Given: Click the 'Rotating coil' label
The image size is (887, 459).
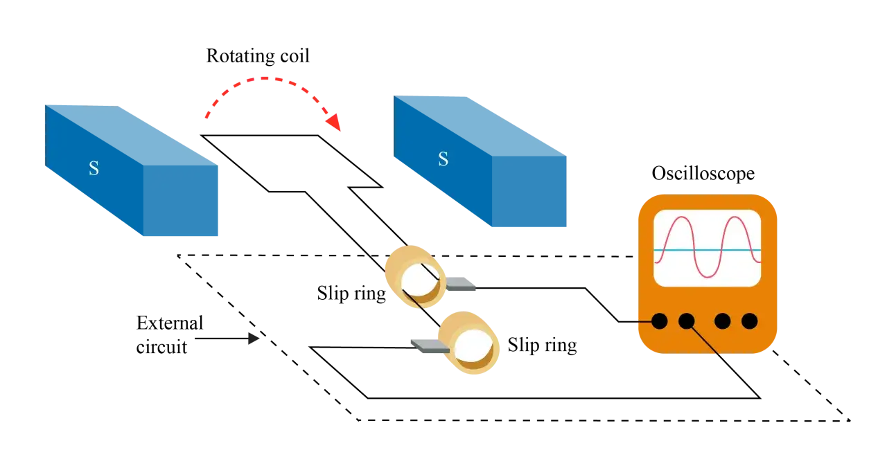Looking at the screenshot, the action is pyautogui.click(x=258, y=56).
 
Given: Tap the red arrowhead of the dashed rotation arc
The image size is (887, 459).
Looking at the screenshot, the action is pyautogui.click(x=334, y=122).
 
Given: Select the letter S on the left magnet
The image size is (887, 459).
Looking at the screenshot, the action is pyautogui.click(x=94, y=168).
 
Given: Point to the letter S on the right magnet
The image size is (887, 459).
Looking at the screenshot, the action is pyautogui.click(x=443, y=159).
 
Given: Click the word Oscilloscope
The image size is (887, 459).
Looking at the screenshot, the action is pyautogui.click(x=703, y=174).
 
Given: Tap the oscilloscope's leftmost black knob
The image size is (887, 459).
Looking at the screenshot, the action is pyautogui.click(x=659, y=321).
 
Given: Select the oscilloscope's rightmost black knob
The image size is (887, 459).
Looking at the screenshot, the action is pyautogui.click(x=750, y=321).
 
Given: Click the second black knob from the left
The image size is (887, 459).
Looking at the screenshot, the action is pyautogui.click(x=687, y=321).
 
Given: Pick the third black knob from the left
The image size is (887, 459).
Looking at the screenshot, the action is pyautogui.click(x=723, y=321).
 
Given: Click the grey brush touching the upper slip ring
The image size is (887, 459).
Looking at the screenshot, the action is pyautogui.click(x=461, y=284).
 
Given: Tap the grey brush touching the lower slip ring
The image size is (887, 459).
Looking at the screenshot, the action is pyautogui.click(x=430, y=346).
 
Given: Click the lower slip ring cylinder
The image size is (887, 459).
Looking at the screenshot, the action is pyautogui.click(x=469, y=343).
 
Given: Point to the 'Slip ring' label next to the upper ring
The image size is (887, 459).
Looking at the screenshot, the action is pyautogui.click(x=351, y=294).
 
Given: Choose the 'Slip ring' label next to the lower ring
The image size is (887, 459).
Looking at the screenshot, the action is pyautogui.click(x=542, y=345).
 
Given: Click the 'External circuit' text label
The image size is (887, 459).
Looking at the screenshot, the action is pyautogui.click(x=170, y=335).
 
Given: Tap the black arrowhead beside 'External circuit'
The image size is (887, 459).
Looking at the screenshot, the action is pyautogui.click(x=254, y=339).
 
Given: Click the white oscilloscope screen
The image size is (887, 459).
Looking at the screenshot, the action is pyautogui.click(x=708, y=248).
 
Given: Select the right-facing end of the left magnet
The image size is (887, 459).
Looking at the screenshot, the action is pyautogui.click(x=181, y=201).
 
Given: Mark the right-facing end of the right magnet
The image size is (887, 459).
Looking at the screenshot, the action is pyautogui.click(x=529, y=192).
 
